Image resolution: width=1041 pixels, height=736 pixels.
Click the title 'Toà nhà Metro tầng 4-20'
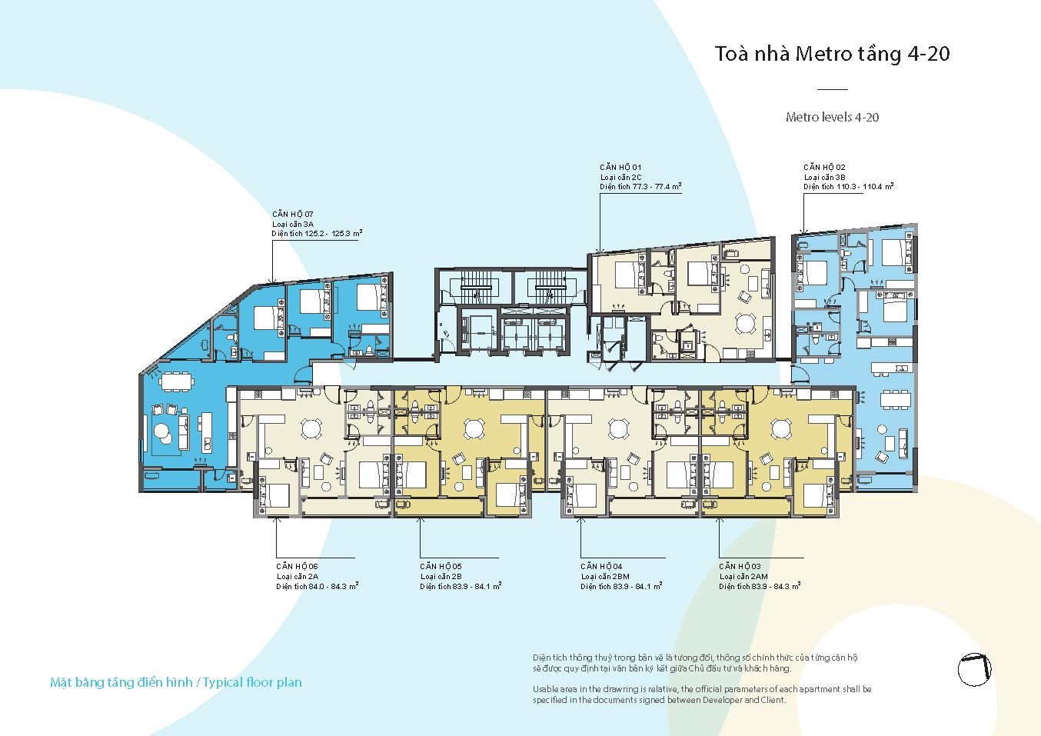832,55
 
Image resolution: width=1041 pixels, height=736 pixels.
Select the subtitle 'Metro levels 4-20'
833,117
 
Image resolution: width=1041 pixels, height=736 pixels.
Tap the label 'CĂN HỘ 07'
293,214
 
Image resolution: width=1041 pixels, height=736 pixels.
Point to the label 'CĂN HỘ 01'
620,167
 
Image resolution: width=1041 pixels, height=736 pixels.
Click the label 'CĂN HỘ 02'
824,167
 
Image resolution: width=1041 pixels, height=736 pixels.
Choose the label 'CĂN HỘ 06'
297,566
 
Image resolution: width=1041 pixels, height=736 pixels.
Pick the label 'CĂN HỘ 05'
441,566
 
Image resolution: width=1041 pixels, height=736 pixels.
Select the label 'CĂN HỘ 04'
601,566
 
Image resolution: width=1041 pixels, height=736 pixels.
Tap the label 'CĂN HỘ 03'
740,566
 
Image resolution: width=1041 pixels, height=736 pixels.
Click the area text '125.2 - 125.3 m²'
334,233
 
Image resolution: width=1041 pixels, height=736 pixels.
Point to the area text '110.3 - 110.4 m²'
866,186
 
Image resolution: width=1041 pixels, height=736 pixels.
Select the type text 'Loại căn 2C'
621,177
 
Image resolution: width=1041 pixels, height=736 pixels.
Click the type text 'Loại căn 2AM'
743,577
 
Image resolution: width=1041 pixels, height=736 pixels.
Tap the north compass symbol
975,670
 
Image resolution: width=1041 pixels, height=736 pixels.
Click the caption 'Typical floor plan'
252,682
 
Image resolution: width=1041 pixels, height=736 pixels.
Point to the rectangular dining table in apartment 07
177,382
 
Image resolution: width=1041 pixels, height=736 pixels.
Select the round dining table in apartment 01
745,323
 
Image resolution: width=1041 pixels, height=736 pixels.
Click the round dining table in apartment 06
311,428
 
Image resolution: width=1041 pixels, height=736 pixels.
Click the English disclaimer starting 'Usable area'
702,694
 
